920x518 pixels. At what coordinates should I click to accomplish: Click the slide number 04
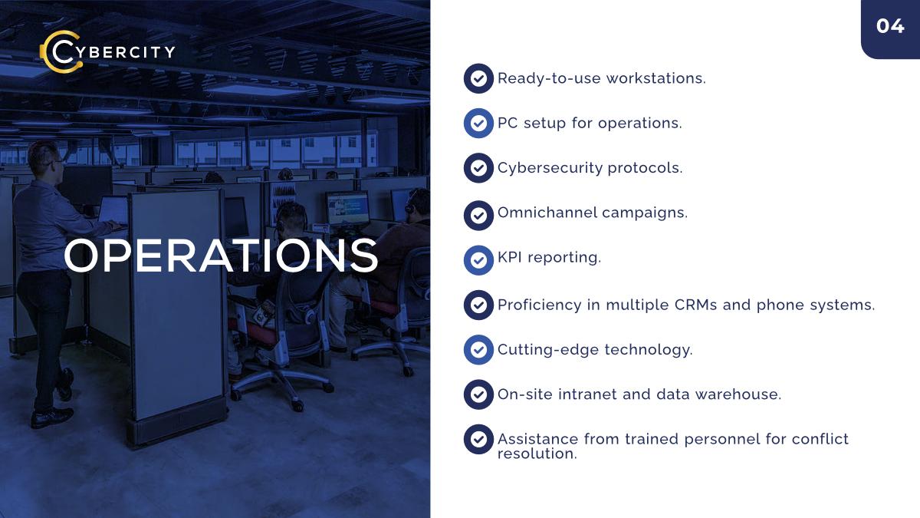890,26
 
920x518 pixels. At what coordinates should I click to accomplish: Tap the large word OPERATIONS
221,256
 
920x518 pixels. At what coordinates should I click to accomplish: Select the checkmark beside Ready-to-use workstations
478,78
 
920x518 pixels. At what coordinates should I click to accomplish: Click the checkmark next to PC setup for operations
478,123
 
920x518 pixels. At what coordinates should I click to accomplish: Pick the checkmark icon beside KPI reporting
478,260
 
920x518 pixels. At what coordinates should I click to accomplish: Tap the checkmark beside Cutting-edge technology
478,350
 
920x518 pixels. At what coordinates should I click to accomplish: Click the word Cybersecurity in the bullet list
550,168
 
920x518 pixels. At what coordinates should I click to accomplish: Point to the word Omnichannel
547,213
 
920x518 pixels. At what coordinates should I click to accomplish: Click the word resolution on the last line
537,454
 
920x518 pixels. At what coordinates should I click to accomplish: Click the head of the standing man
45,159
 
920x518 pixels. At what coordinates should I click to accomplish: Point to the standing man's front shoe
52,417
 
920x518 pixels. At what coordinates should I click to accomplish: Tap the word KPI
510,257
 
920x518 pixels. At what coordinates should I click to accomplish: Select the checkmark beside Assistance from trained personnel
478,440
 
